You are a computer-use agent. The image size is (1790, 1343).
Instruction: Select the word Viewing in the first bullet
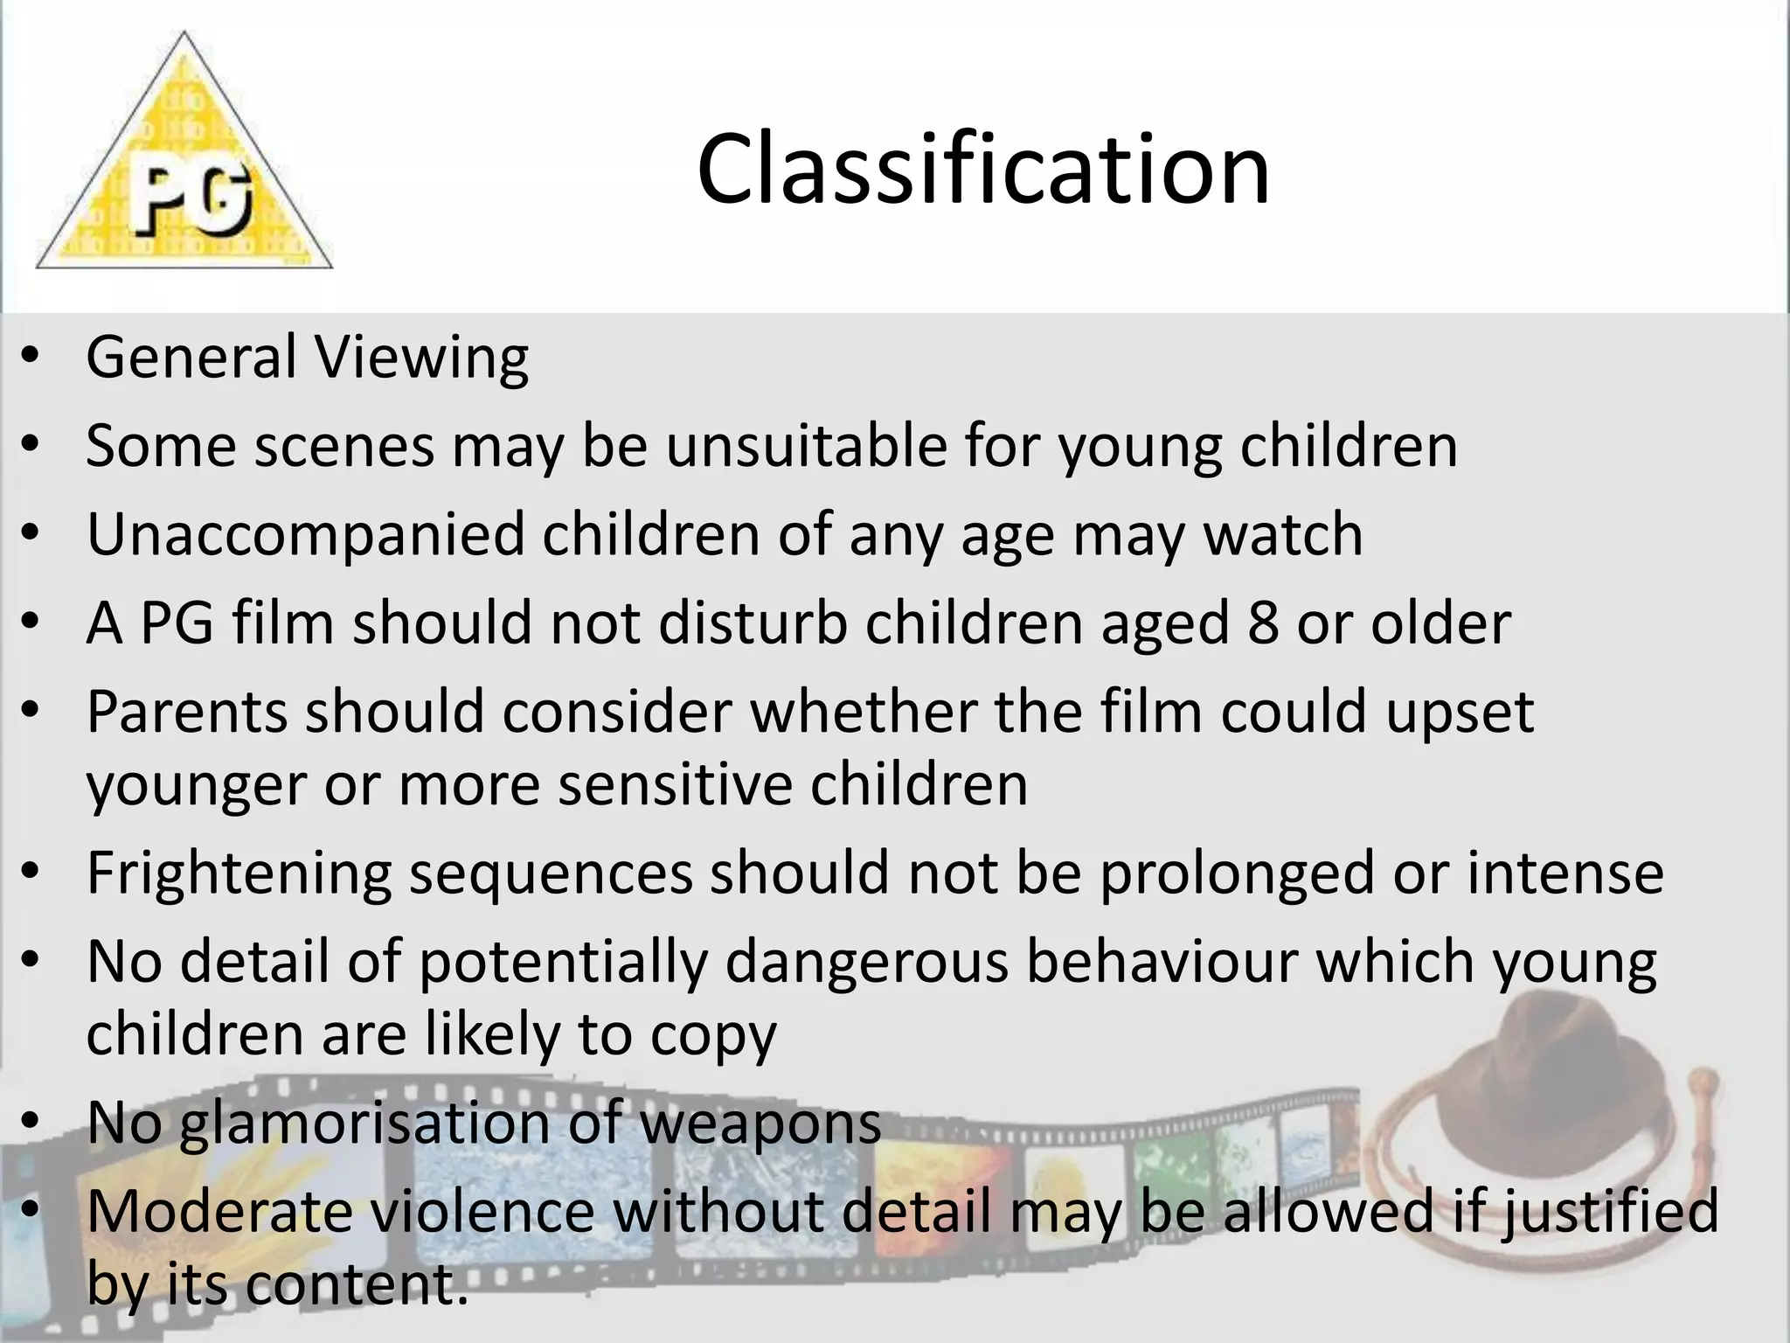[421, 358]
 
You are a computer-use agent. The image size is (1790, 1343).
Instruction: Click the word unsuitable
[806, 446]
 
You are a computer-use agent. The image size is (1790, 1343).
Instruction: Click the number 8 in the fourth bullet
[1263, 623]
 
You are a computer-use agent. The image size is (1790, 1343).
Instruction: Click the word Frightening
[239, 873]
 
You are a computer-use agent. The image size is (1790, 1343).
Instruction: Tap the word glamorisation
[364, 1123]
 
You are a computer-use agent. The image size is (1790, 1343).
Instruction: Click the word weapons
[760, 1124]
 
